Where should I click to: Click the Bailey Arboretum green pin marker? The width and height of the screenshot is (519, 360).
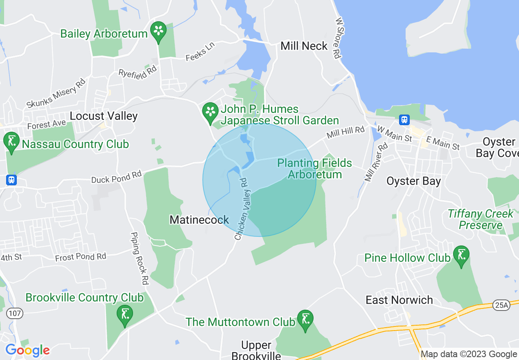tap(158, 31)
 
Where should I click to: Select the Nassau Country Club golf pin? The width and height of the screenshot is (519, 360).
tap(11, 142)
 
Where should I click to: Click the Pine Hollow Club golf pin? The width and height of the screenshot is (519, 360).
tap(461, 255)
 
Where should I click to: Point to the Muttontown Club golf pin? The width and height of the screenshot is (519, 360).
tap(305, 319)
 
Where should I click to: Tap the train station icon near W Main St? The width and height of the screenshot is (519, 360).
tap(404, 119)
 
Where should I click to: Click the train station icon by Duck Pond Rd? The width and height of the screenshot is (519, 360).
tap(11, 179)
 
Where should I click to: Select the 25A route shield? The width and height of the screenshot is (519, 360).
tap(501, 305)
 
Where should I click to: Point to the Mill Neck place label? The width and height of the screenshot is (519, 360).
tap(304, 46)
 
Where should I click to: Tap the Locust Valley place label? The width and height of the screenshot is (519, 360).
tap(104, 116)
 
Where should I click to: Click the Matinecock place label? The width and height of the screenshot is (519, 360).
tap(199, 220)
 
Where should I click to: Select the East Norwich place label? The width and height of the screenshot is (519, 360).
tap(399, 300)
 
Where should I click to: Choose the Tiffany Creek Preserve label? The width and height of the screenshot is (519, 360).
tap(481, 219)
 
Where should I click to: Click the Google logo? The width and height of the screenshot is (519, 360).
tap(27, 350)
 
